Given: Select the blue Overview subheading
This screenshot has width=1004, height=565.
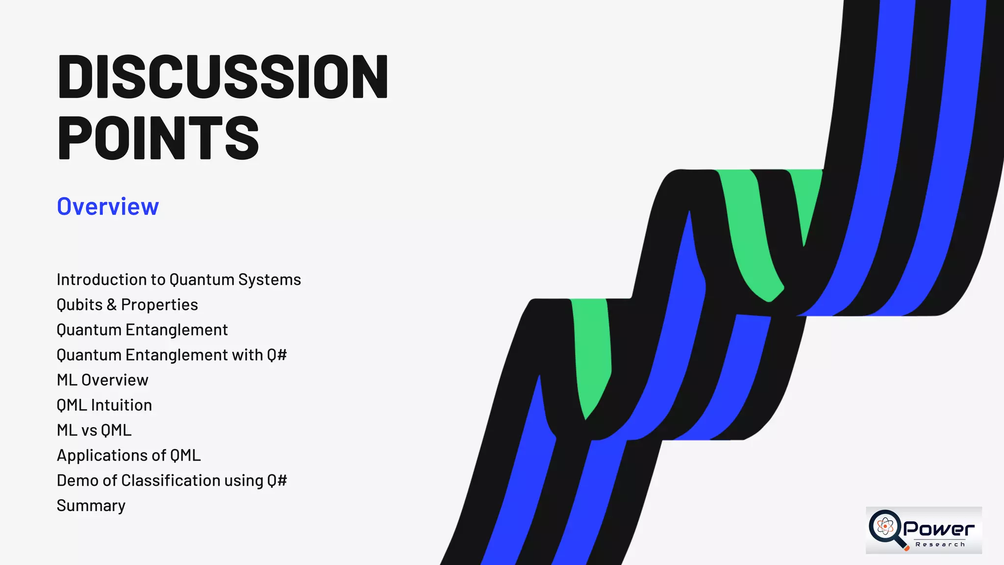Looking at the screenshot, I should pyautogui.click(x=108, y=206).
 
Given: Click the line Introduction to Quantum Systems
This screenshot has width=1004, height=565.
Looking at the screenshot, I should pyautogui.click(x=178, y=280).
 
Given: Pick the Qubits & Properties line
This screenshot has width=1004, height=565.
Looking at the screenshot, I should pyautogui.click(x=127, y=305).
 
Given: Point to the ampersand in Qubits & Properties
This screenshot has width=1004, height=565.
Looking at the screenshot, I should pyautogui.click(x=112, y=305).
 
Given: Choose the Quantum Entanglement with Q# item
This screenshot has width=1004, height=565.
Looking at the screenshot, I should pyautogui.click(x=172, y=355).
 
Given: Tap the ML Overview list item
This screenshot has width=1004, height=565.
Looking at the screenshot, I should pyautogui.click(x=102, y=380).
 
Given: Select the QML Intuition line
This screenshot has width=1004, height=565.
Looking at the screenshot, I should pyautogui.click(x=104, y=405).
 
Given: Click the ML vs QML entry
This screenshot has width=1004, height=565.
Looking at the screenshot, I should pyautogui.click(x=94, y=430).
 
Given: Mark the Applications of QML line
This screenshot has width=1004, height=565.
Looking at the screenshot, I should pyautogui.click(x=128, y=455).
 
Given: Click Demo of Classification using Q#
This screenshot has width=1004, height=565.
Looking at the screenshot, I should pyautogui.click(x=172, y=481).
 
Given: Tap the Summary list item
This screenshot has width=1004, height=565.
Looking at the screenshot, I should pyautogui.click(x=91, y=506).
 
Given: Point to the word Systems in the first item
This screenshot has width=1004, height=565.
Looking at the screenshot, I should pyautogui.click(x=270, y=280).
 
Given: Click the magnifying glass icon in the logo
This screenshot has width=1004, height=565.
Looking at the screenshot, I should pyautogui.click(x=886, y=528).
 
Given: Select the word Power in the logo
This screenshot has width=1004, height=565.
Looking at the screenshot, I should pyautogui.click(x=939, y=529).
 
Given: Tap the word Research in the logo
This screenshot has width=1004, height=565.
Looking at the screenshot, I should pyautogui.click(x=940, y=544).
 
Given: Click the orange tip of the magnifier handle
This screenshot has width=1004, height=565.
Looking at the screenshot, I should pyautogui.click(x=906, y=548).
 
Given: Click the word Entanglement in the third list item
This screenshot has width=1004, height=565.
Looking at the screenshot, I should pyautogui.click(x=176, y=330).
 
